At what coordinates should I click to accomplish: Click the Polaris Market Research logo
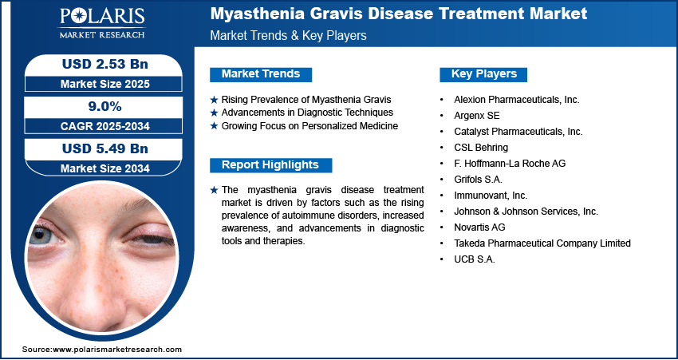[102, 23]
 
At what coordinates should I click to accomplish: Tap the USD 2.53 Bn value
[105, 64]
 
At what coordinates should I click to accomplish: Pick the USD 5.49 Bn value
[105, 148]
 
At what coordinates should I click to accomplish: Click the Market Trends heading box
[261, 74]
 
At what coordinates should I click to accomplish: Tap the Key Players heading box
[483, 74]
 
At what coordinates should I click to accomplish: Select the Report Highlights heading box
[270, 165]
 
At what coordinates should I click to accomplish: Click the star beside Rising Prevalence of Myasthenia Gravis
[214, 100]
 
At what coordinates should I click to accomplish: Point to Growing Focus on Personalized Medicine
[309, 126]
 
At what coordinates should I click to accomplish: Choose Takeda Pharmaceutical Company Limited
[542, 243]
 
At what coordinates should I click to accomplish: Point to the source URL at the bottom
[102, 349]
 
